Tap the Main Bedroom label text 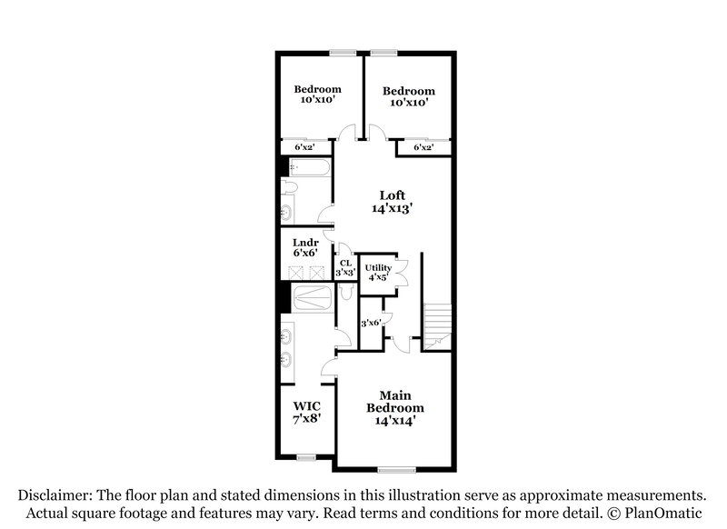point(395,408)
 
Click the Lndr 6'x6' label point(305,249)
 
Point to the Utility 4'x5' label point(378,273)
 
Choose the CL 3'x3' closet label point(345,267)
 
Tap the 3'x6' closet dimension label point(371,324)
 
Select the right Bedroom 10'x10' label point(408,96)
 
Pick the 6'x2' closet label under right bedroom point(423,147)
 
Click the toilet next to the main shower point(345,294)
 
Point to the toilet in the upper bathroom point(288,187)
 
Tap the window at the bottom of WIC point(305,455)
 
